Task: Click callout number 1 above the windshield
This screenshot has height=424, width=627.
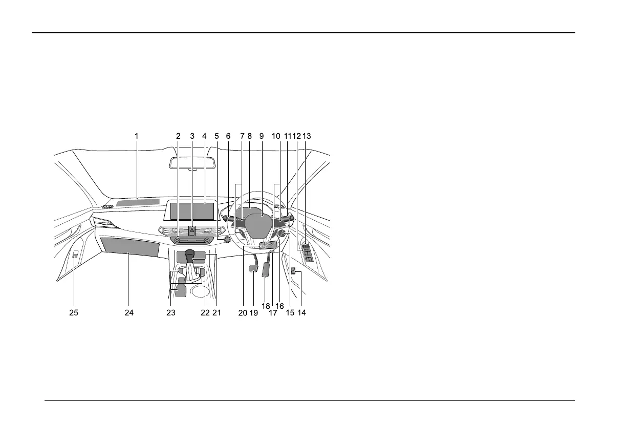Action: [x=137, y=136]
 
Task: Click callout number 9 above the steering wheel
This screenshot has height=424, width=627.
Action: [x=261, y=136]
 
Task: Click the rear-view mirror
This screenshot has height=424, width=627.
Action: [x=190, y=161]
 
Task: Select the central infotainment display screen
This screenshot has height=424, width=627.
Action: [x=192, y=210]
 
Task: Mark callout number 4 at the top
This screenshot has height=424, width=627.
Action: [x=204, y=136]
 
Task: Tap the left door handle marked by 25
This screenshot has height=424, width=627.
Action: [x=75, y=254]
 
